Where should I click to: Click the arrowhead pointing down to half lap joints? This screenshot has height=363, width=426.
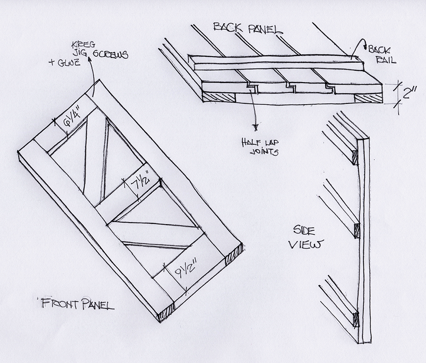(256, 126)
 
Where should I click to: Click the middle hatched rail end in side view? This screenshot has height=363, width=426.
(357, 230)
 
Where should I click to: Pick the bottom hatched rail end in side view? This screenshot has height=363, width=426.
(355, 318)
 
